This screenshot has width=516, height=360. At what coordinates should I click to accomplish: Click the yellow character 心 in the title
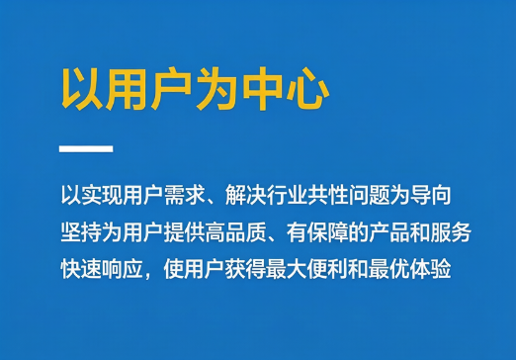[307, 88]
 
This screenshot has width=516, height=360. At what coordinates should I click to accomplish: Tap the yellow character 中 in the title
[263, 88]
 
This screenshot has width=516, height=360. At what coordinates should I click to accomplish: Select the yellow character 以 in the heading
[82, 89]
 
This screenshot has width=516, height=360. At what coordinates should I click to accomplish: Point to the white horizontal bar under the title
[86, 148]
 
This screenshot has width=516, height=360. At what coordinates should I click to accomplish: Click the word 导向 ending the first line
[431, 195]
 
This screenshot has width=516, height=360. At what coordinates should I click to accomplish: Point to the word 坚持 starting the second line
[81, 232]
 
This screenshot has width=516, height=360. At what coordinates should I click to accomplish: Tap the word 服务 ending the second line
[451, 232]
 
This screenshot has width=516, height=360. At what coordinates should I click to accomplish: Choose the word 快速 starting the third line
[81, 270]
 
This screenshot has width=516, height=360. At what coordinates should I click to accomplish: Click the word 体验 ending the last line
[431, 270]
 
